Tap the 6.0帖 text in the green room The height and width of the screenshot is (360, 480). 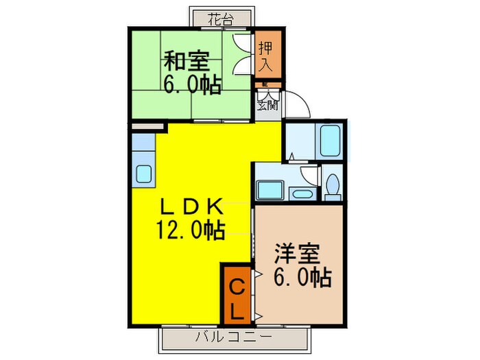click(191, 84)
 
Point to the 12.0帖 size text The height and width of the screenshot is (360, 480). click(191, 230)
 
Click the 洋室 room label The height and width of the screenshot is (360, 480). click(296, 252)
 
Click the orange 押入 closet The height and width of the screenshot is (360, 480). click(267, 55)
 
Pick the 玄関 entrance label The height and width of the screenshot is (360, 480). click(267, 105)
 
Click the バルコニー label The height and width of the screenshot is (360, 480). click(233, 337)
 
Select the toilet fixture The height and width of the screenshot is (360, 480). click(332, 185)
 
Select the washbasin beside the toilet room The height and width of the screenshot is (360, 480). click(300, 191)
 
